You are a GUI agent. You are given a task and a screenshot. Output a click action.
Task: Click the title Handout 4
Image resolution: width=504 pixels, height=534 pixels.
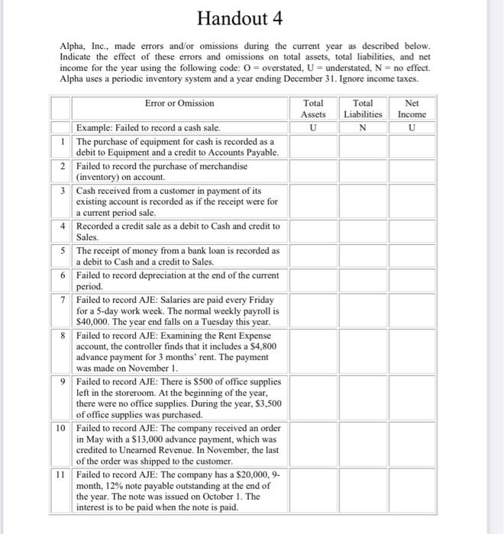coord(251,18)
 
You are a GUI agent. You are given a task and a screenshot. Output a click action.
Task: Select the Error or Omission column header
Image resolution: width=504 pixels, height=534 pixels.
coord(179,103)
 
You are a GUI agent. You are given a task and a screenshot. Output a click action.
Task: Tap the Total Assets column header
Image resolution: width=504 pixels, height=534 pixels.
coord(313,108)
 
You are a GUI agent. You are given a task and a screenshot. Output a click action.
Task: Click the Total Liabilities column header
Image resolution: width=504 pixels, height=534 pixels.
coord(363,108)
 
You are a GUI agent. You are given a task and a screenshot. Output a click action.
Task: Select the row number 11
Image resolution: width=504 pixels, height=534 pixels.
coord(63,474)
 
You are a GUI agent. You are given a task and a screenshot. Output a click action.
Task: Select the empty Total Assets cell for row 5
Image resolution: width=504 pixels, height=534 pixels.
coord(313,256)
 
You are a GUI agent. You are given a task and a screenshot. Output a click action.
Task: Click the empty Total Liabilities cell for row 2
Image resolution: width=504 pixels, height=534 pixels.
coord(363,171)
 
